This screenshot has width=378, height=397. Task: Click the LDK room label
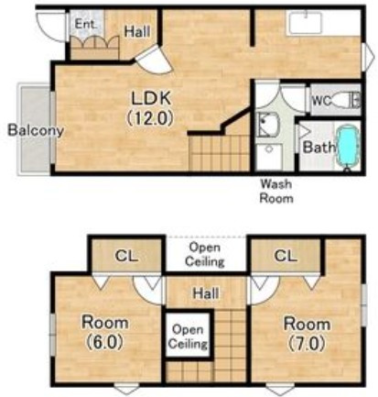[150, 108]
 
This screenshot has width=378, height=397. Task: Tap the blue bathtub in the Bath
[347, 149]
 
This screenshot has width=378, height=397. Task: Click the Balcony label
[36, 130]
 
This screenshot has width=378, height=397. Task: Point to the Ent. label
[86, 24]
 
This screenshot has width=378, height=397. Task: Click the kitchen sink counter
[306, 23]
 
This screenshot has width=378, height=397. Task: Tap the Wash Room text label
[276, 192]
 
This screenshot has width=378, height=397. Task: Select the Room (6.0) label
[104, 333]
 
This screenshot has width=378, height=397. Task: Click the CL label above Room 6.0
[126, 256]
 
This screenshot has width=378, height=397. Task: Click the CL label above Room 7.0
[286, 256]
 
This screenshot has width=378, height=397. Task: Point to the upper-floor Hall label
[206, 293]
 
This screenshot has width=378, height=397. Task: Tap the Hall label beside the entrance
[137, 31]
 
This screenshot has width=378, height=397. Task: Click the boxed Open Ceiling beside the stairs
[188, 336]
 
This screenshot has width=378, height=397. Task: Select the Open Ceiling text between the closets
[205, 254]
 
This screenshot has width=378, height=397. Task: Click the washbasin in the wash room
[268, 125]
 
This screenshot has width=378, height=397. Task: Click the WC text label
[321, 101]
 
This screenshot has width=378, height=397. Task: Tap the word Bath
[319, 148]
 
